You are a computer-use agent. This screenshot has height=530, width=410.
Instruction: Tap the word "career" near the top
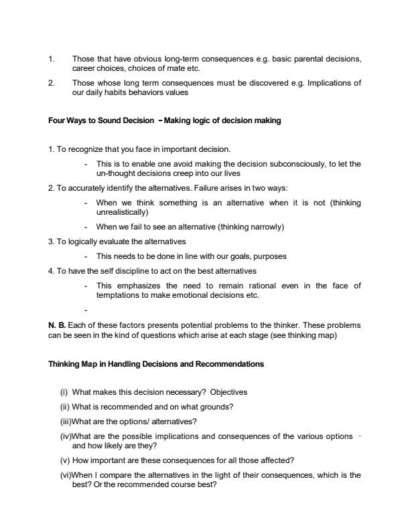tap(84, 68)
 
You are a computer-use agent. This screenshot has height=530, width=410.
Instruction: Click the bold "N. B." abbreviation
tap(57, 325)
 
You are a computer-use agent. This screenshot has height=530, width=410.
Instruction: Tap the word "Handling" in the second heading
tap(122, 364)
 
